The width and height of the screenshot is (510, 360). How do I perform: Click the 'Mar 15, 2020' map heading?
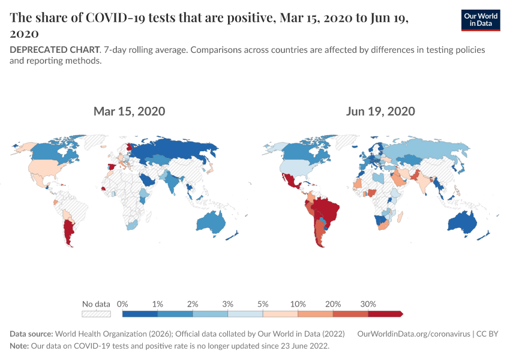click(129, 112)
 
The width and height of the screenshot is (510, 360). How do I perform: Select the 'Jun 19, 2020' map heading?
click(380, 112)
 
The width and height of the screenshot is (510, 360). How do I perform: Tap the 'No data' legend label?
click(96, 304)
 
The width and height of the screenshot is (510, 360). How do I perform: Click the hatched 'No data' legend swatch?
click(96, 313)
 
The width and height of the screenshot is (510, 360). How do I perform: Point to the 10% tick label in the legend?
click(298, 304)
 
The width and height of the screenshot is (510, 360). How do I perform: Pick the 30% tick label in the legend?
click(368, 304)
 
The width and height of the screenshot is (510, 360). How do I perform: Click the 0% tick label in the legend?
click(122, 304)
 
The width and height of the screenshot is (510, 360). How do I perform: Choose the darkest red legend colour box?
click(384, 313)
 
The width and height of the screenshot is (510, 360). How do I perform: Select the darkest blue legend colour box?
click(140, 313)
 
